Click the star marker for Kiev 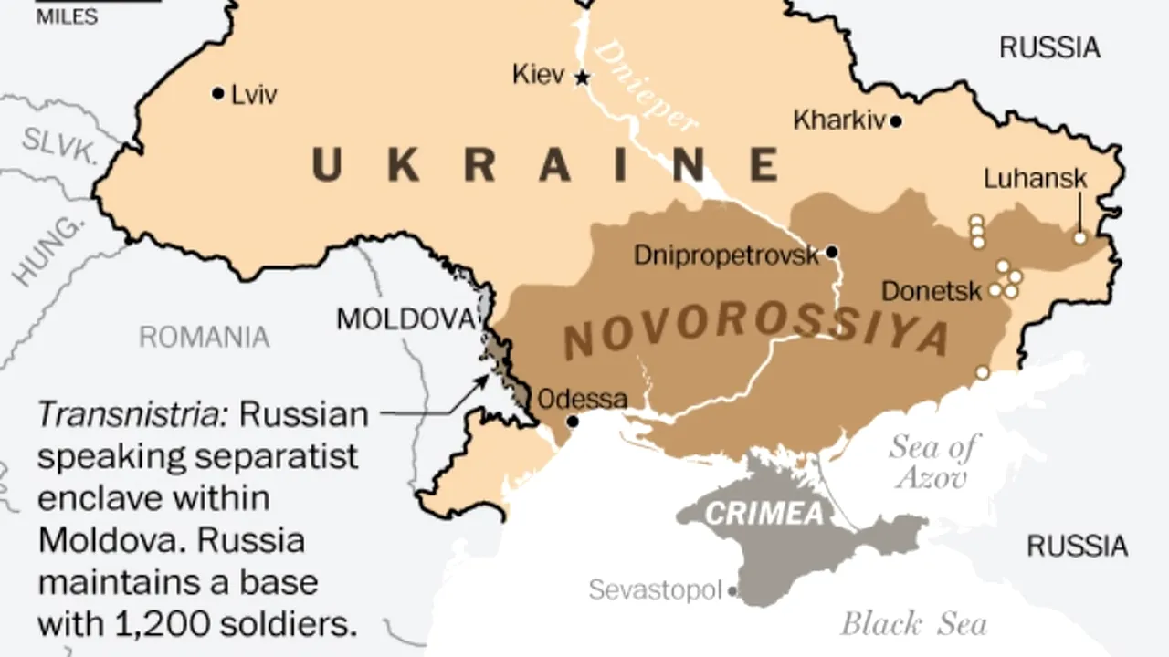click(x=581, y=78)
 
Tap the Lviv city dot click(x=217, y=93)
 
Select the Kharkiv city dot click(x=896, y=121)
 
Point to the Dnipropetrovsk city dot click(x=831, y=252)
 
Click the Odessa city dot click(x=573, y=422)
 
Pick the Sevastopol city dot click(x=732, y=591)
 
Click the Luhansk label click(x=1035, y=179)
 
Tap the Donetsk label click(x=932, y=292)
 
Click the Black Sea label click(x=913, y=624)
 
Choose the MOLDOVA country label click(x=406, y=319)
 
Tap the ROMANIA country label click(x=204, y=338)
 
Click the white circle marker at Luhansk click(x=1079, y=238)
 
